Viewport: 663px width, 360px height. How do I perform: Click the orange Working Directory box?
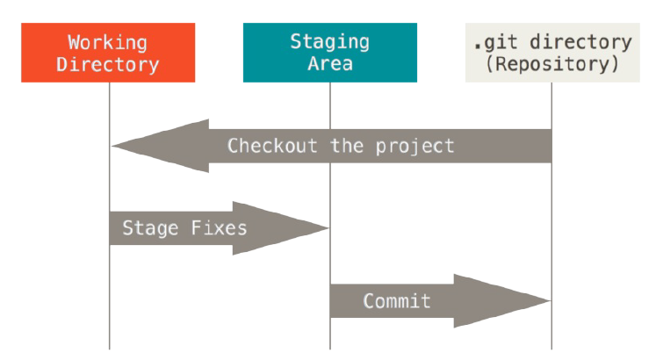click(108, 53)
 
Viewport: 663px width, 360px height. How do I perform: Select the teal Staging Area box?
click(330, 53)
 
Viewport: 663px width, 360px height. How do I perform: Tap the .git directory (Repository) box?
click(552, 53)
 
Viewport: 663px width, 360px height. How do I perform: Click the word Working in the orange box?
click(108, 43)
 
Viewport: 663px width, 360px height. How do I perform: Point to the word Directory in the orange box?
click(108, 65)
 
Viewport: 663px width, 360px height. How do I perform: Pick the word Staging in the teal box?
click(330, 42)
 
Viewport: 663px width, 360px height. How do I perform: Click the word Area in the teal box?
click(330, 64)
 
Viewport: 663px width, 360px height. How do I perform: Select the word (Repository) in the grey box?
click(552, 64)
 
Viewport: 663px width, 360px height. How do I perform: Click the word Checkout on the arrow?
click(272, 146)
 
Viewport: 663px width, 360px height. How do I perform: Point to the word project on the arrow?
click(414, 148)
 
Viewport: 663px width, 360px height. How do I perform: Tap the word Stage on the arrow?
click(150, 229)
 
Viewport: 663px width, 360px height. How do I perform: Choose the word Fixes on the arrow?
click(219, 228)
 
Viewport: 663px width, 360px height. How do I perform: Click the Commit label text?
click(397, 301)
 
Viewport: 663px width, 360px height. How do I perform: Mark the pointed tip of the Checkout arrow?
click(112, 146)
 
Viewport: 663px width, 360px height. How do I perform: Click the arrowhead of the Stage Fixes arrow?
click(281, 228)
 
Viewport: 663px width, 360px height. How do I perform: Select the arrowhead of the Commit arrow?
click(502, 301)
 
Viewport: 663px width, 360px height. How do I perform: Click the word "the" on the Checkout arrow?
click(347, 146)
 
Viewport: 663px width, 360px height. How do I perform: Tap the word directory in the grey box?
click(581, 43)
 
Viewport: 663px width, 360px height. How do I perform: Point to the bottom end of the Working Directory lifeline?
click(110, 349)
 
